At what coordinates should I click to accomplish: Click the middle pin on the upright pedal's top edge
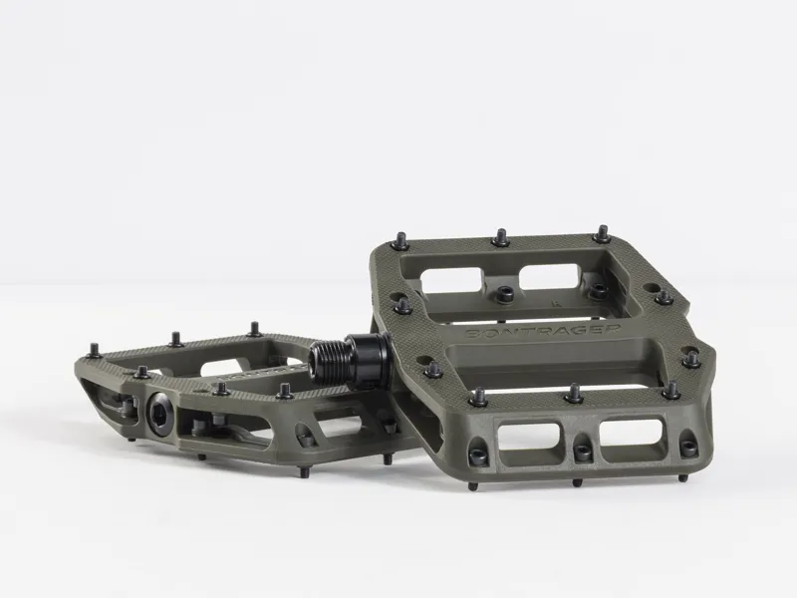pyautogui.click(x=499, y=238)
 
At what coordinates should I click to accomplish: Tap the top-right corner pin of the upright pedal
pyautogui.click(x=604, y=234)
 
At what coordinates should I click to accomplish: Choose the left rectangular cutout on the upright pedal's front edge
pyautogui.click(x=528, y=437)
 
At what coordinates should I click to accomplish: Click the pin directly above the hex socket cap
pyautogui.click(x=140, y=372)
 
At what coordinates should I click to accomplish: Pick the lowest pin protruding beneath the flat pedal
pyautogui.click(x=204, y=457)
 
